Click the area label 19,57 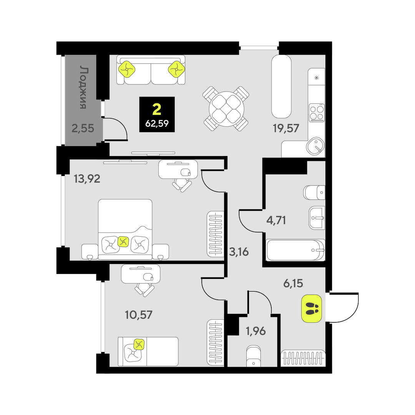[286, 128]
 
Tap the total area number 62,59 [157, 123]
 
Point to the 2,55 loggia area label [83, 128]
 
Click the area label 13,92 [87, 179]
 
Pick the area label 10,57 [138, 315]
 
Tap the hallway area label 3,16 [239, 252]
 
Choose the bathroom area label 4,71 [276, 220]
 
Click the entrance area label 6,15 [293, 284]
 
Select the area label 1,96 [256, 331]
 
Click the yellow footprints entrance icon [312, 309]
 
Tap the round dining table [226, 109]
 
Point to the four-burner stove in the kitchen [317, 113]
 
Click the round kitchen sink [315, 146]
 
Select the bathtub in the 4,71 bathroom [295, 250]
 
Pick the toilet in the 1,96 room [254, 356]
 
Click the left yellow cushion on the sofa [127, 69]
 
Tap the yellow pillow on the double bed [123, 241]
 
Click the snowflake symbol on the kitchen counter [316, 78]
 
